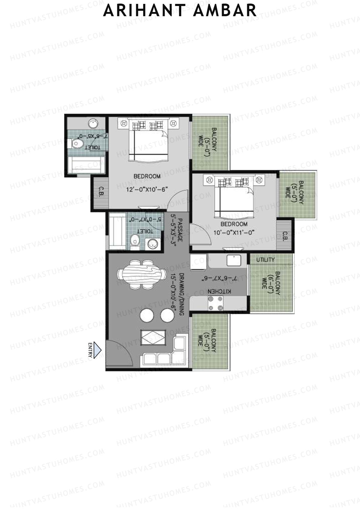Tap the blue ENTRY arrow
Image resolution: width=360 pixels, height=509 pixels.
[x=97, y=350]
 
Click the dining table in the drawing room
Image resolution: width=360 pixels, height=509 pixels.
[x=142, y=274]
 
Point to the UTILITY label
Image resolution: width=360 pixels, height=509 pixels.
[x=265, y=259]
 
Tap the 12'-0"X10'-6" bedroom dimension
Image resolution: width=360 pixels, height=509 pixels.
[x=147, y=189]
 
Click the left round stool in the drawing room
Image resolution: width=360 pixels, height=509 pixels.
[x=147, y=315]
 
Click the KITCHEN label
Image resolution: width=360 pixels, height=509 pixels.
[x=219, y=291]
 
